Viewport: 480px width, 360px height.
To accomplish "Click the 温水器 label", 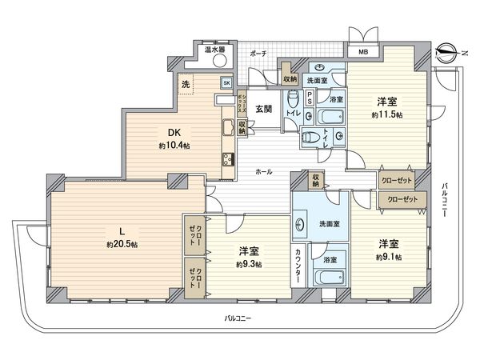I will pyautogui.click(x=214, y=50).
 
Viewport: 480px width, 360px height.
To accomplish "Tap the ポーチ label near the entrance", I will pyautogui.click(x=258, y=53).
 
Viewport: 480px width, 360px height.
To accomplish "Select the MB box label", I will pyautogui.click(x=363, y=54).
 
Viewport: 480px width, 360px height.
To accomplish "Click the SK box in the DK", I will pyautogui.click(x=226, y=82).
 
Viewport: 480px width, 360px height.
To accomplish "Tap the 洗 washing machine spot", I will pyautogui.click(x=185, y=84).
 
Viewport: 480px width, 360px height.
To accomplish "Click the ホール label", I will pyautogui.click(x=262, y=171).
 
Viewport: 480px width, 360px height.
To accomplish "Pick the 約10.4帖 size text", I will pyautogui.click(x=174, y=146).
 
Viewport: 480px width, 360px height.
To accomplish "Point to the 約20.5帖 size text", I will pyautogui.click(x=122, y=244).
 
